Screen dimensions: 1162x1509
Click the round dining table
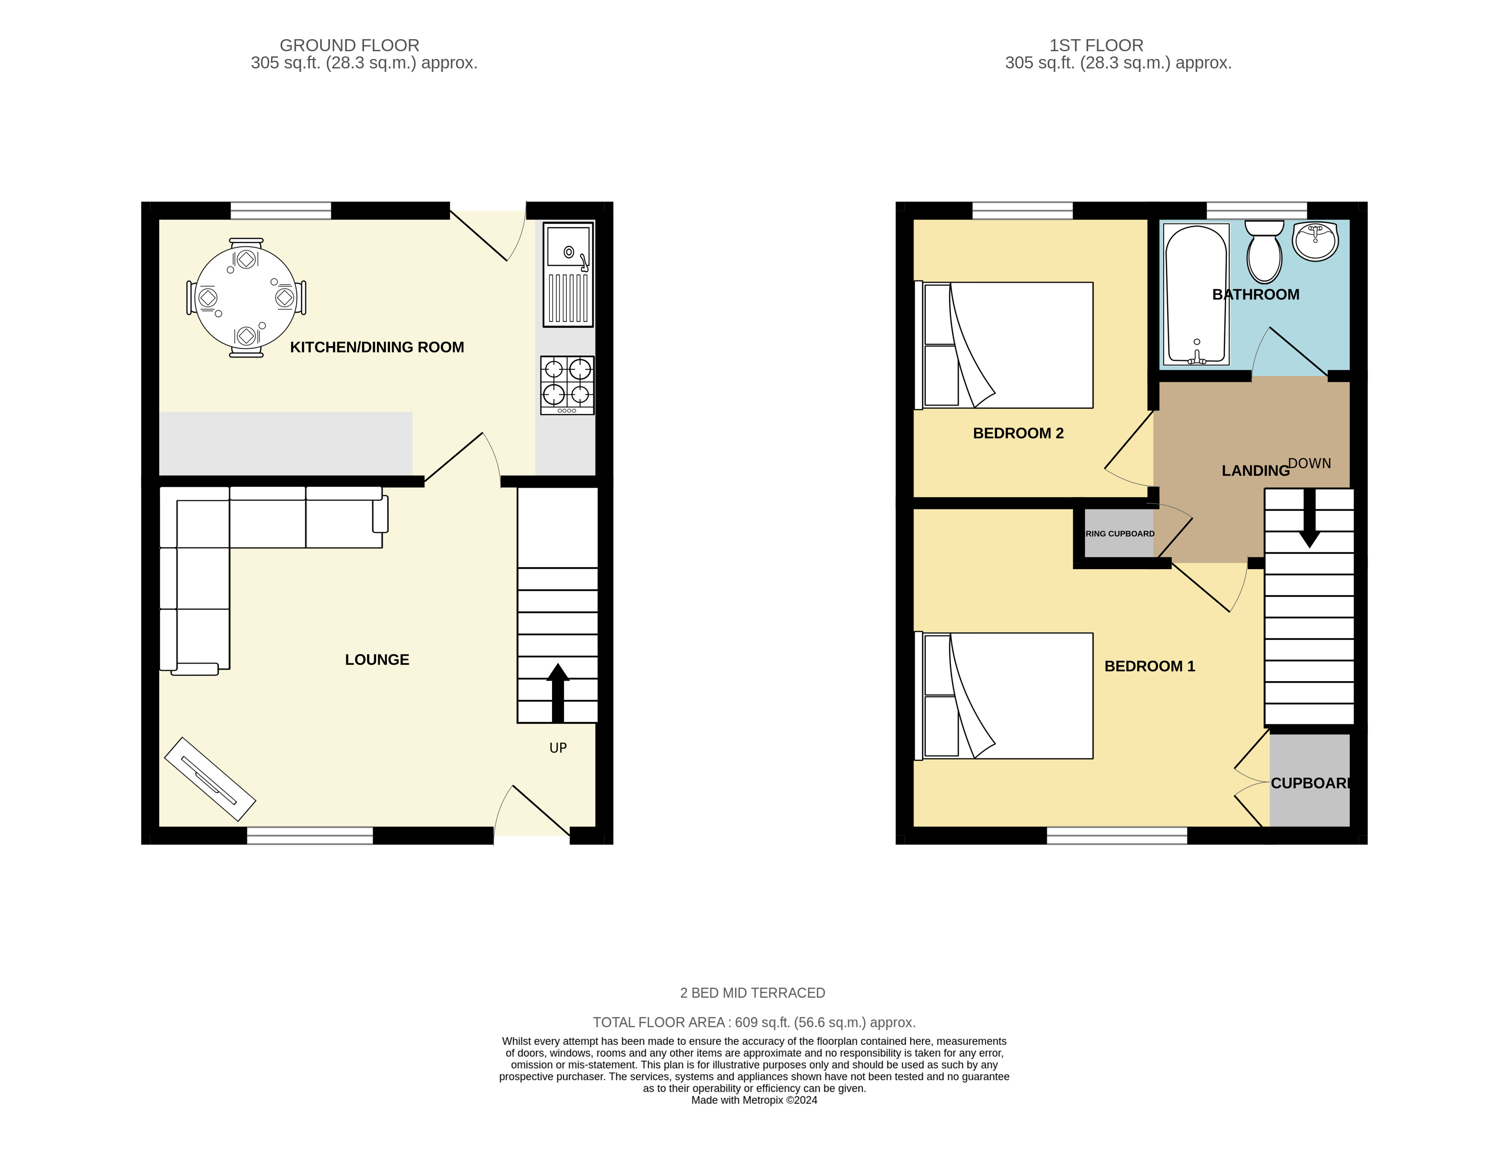click(246, 298)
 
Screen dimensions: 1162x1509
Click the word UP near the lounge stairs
click(558, 748)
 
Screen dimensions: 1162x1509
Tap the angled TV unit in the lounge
click(210, 779)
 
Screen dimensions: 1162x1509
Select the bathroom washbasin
click(1315, 241)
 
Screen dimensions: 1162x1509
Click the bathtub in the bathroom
click(1196, 294)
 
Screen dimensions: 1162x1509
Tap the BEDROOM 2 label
click(1018, 434)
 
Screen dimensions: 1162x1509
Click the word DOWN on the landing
click(1308, 463)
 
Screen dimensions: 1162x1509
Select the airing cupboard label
click(1119, 534)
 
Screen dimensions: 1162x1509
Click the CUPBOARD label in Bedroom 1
click(1309, 783)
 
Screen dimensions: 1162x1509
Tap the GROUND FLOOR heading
click(349, 46)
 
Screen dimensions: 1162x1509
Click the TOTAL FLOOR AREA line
click(754, 1023)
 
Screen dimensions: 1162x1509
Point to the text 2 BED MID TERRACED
click(753, 993)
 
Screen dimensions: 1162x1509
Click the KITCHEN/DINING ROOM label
click(376, 347)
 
